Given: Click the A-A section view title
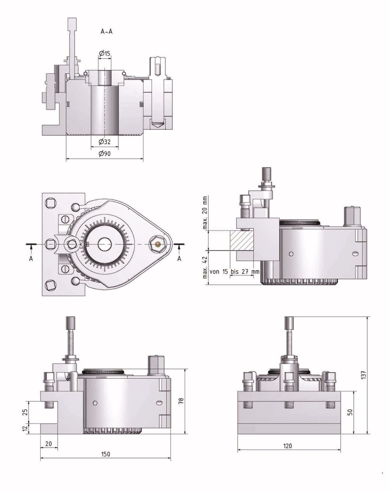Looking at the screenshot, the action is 106,32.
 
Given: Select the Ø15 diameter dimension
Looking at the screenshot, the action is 105,54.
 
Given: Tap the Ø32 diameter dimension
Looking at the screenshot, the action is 105,142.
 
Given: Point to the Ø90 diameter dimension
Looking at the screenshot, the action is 105,154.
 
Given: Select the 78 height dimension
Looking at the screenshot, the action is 181,401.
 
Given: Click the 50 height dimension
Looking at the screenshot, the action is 350,412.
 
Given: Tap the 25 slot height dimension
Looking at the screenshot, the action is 26,412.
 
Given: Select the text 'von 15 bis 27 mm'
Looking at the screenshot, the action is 234,272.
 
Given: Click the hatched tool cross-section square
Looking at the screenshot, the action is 241,240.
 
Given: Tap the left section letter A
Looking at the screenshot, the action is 31,259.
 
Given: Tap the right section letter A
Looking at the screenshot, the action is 179,259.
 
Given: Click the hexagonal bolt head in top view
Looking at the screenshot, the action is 157,244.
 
